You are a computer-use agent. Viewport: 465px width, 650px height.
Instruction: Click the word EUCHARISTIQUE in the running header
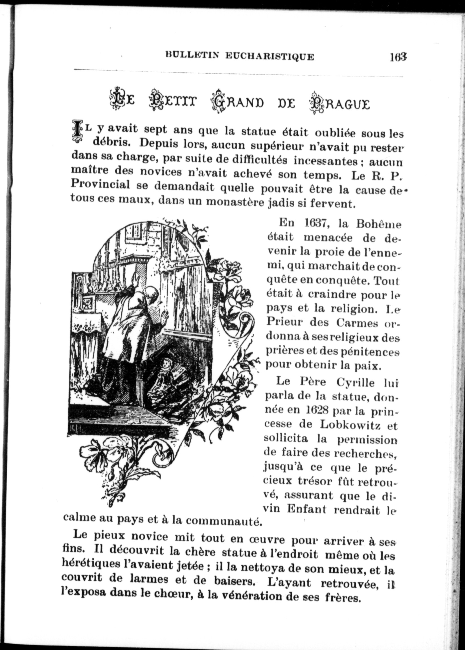point(269,56)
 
